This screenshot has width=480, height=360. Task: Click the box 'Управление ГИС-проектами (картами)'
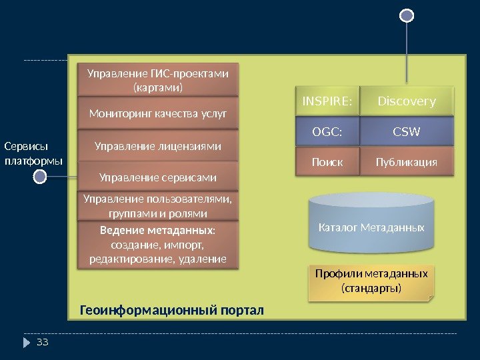coord(158,80)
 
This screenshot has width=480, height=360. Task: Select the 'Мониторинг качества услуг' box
coord(158,113)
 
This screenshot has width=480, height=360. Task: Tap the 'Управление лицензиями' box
coord(158,145)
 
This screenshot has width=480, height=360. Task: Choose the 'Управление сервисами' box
coord(158,177)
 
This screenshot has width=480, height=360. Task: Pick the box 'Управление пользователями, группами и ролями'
coord(158,205)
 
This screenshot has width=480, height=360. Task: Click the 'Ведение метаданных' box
coord(158,244)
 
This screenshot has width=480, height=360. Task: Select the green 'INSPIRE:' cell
coord(327,101)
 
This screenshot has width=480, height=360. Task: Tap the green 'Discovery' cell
coord(407,101)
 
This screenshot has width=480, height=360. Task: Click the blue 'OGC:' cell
coord(327,132)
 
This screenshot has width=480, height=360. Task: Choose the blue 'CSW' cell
coord(407,132)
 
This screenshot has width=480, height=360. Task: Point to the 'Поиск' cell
coord(327,162)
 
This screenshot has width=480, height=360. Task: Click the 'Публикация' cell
coord(407,162)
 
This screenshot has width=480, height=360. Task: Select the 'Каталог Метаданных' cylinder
coord(371,227)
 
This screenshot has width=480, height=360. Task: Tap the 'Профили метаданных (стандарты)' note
coord(371,281)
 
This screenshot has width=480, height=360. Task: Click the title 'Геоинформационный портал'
coord(172,311)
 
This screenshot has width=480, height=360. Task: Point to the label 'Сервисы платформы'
coord(33,153)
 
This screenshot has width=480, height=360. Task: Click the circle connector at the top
coord(407,15)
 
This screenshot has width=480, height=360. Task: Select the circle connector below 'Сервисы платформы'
coord(40,177)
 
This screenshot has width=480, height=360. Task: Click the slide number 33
coord(43,343)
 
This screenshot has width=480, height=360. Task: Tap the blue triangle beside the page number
coord(27,343)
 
